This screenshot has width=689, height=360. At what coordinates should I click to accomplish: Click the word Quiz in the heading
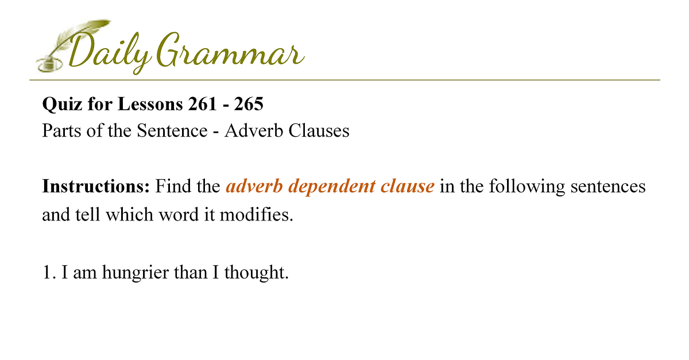tap(62, 104)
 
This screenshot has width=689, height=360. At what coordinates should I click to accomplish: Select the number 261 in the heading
tap(203, 104)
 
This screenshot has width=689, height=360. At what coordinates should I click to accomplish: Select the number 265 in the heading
tap(249, 104)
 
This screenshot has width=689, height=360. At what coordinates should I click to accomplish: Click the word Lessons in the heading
tap(150, 104)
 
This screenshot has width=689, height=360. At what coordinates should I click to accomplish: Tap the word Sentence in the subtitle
tap(172, 130)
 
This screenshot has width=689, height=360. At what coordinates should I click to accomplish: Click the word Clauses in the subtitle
tap(319, 130)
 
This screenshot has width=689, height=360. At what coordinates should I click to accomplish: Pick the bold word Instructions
tap(96, 186)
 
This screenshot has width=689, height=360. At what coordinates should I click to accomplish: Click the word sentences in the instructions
tap(608, 187)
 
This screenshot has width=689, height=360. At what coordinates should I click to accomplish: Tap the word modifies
tap(256, 214)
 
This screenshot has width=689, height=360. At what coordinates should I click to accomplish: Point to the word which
tap(130, 214)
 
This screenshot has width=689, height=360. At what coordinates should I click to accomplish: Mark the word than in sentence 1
tap(191, 272)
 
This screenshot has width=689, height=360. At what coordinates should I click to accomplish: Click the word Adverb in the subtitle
tap(253, 130)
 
